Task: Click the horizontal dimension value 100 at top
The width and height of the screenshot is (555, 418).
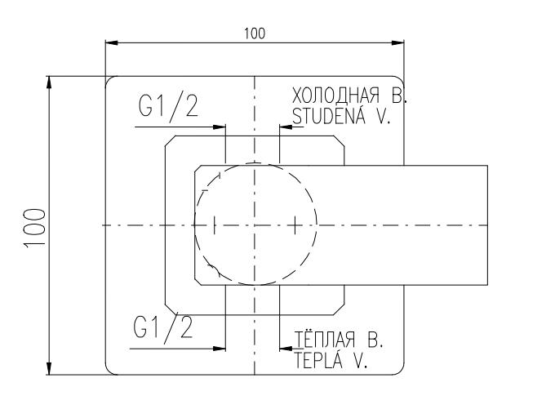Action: click(255, 33)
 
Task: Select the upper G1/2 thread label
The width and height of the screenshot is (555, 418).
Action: click(168, 108)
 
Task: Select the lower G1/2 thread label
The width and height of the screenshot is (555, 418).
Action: click(163, 327)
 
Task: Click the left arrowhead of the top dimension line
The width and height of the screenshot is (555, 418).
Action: click(111, 42)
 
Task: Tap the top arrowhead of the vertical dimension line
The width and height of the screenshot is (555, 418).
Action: click(51, 82)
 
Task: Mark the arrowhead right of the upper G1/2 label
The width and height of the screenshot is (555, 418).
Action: click(219, 127)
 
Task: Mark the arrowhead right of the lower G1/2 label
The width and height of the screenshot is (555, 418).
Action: click(219, 349)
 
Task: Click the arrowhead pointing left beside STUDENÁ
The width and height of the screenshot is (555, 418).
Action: click(285, 127)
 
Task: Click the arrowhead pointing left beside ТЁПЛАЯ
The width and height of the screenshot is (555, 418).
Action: click(285, 349)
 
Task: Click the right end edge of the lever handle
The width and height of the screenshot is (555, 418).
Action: click(487, 225)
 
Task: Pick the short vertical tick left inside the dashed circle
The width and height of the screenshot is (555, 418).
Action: click(214, 225)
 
